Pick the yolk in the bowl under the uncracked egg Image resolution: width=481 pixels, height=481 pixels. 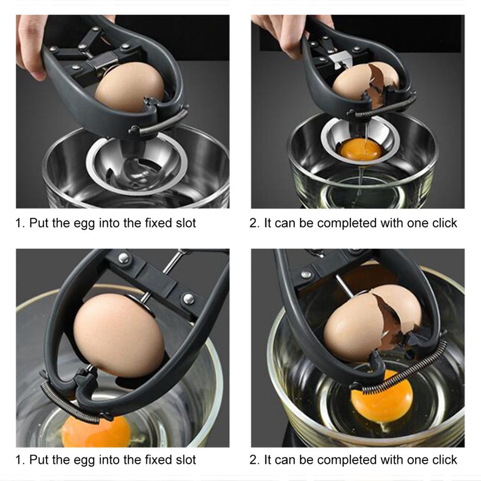[96, 431]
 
